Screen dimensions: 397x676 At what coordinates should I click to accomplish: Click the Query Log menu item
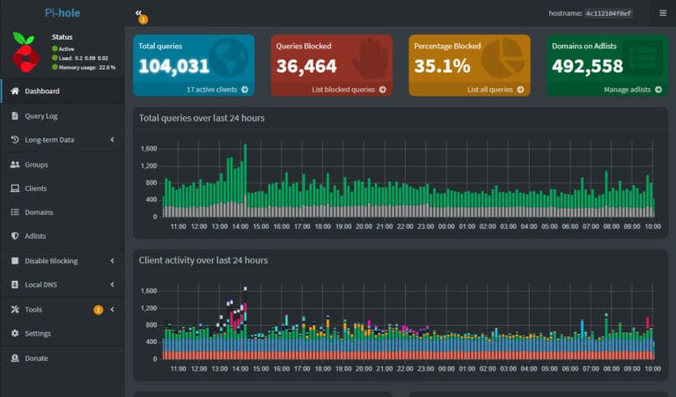pyautogui.click(x=40, y=115)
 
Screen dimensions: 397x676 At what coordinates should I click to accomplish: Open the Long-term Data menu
pyautogui.click(x=49, y=140)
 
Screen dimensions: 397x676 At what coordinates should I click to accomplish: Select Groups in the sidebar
pyautogui.click(x=36, y=165)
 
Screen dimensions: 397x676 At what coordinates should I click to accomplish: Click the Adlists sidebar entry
pyautogui.click(x=35, y=236)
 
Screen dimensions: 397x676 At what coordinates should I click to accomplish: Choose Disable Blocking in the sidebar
pyautogui.click(x=51, y=261)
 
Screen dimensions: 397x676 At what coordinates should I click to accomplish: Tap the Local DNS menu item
pyautogui.click(x=40, y=284)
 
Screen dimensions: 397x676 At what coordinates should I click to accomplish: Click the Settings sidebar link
pyautogui.click(x=37, y=334)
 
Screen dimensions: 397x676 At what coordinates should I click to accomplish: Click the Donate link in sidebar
pyautogui.click(x=36, y=358)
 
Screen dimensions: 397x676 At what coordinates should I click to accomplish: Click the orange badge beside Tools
pyautogui.click(x=98, y=310)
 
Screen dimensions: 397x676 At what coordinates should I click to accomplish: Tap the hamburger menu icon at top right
pyautogui.click(x=663, y=13)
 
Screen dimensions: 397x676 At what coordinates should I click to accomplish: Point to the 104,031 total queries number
pyautogui.click(x=174, y=66)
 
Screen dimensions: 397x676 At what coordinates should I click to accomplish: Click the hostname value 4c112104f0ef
pyautogui.click(x=614, y=13)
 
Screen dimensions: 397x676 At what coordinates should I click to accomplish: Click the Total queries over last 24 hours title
pyautogui.click(x=202, y=118)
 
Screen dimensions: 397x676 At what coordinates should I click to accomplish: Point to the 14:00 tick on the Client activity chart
pyautogui.click(x=239, y=369)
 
